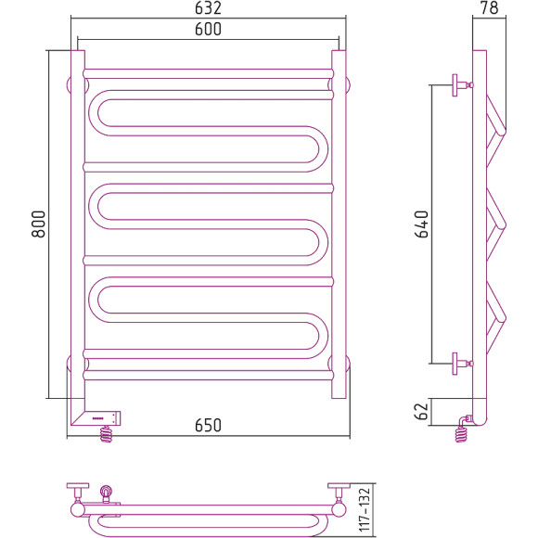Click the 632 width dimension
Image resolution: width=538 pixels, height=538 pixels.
pyautogui.click(x=208, y=8)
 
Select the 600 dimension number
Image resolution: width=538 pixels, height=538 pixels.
pyautogui.click(x=208, y=29)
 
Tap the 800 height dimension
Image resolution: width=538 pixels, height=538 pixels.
pyautogui.click(x=38, y=224)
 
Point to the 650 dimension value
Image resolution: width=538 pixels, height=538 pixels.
pyautogui.click(x=208, y=425)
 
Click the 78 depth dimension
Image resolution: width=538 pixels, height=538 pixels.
pyautogui.click(x=490, y=8)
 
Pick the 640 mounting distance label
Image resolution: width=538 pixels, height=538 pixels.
pyautogui.click(x=422, y=224)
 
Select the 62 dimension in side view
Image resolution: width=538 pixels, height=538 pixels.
pyautogui.click(x=422, y=412)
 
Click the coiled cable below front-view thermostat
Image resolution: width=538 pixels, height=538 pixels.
pyautogui.click(x=106, y=434)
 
